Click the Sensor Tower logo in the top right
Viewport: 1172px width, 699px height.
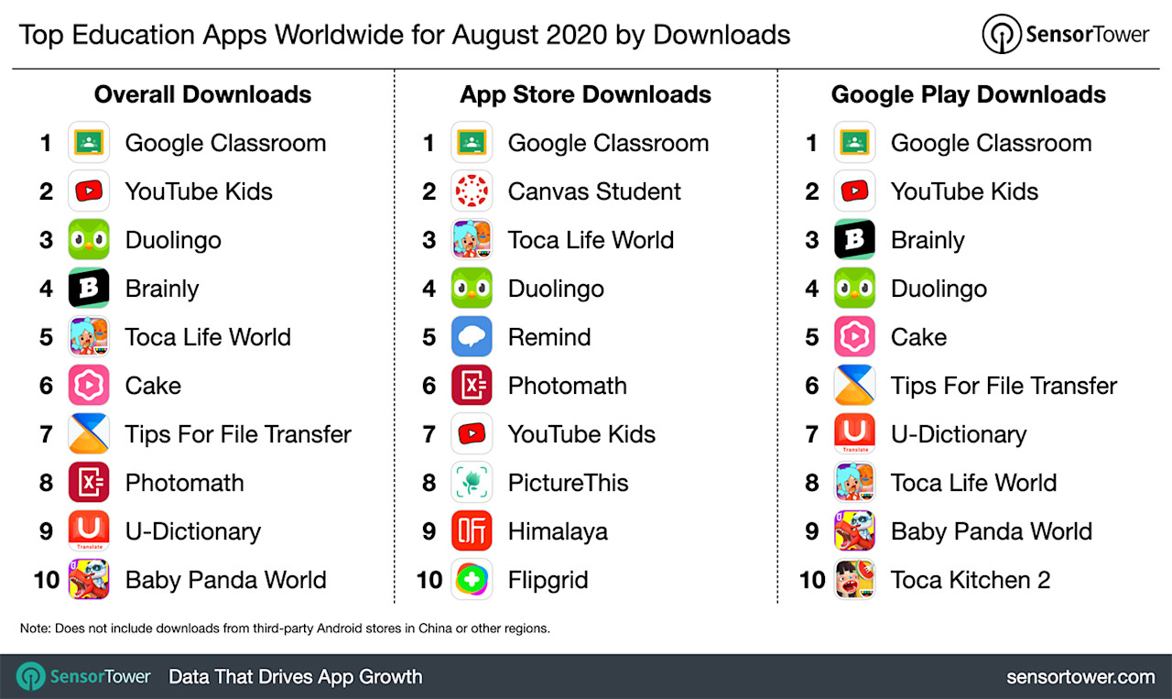pyautogui.click(x=1065, y=35)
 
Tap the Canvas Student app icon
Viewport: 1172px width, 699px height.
pyautogui.click(x=472, y=191)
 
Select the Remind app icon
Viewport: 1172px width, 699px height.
pyautogui.click(x=472, y=337)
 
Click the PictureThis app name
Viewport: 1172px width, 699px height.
pyautogui.click(x=568, y=483)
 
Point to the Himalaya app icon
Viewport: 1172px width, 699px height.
pyautogui.click(x=472, y=531)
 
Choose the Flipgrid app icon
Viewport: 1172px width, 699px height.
pyautogui.click(x=472, y=580)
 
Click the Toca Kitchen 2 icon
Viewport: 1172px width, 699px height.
pyautogui.click(x=855, y=580)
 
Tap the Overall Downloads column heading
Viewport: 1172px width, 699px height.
pyautogui.click(x=202, y=94)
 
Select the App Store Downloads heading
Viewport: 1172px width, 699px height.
pyautogui.click(x=585, y=94)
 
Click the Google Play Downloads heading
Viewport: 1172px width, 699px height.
pyautogui.click(x=968, y=94)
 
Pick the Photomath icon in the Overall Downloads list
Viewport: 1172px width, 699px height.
pyautogui.click(x=90, y=483)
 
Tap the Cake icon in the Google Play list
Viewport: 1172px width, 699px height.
pyautogui.click(x=855, y=337)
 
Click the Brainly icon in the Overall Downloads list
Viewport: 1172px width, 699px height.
pyautogui.click(x=90, y=289)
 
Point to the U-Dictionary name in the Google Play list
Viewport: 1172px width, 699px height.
pyautogui.click(x=958, y=434)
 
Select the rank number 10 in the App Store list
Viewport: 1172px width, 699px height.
pyautogui.click(x=429, y=580)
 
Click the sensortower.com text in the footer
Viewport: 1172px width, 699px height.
pyautogui.click(x=1080, y=677)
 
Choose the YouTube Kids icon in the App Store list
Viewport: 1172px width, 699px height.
pyautogui.click(x=472, y=434)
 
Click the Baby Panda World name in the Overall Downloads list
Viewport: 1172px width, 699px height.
pyautogui.click(x=225, y=580)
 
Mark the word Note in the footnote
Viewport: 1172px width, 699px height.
pyautogui.click(x=35, y=628)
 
